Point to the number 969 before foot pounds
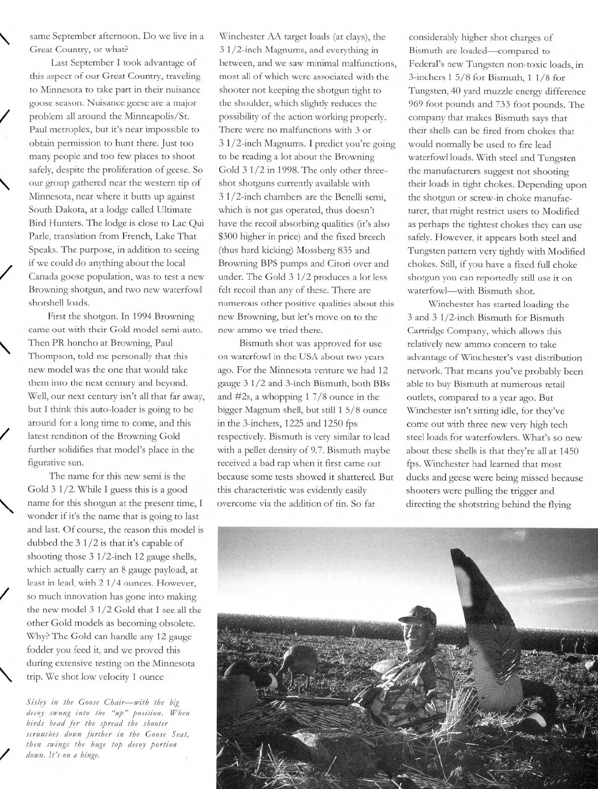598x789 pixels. [417, 105]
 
